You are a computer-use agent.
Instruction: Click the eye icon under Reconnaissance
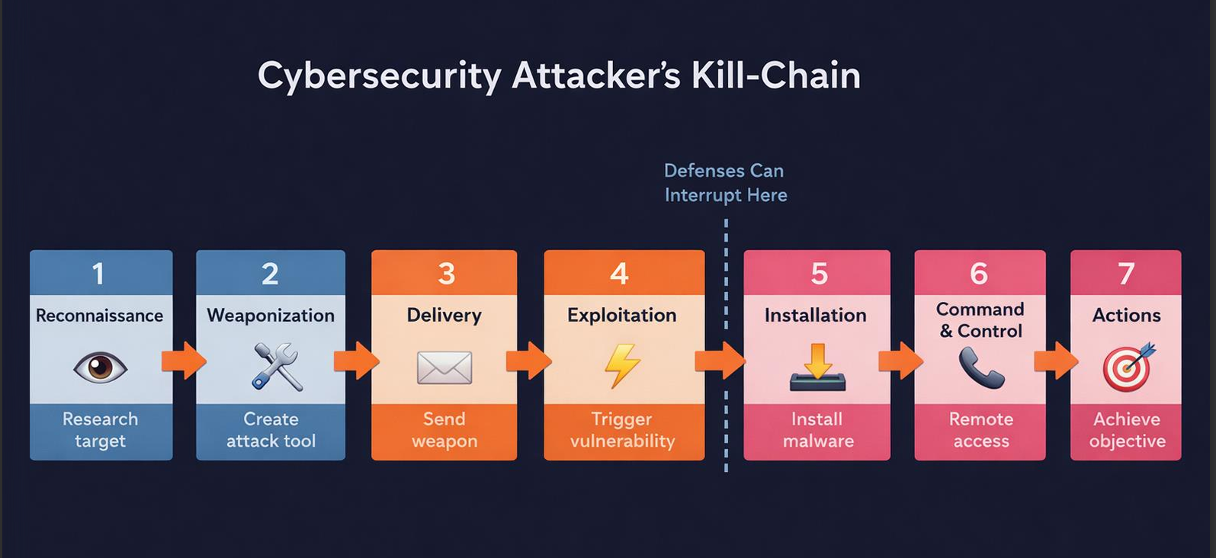(100, 367)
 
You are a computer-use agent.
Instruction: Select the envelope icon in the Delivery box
(444, 368)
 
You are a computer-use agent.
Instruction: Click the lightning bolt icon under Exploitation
(622, 367)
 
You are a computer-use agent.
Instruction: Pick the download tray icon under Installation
(817, 369)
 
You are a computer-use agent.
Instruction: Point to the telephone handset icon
(981, 368)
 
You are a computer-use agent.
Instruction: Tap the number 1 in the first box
(98, 274)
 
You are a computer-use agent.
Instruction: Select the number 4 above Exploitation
(619, 274)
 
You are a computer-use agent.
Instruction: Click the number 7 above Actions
(1126, 274)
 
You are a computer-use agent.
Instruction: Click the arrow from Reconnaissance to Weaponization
(184, 361)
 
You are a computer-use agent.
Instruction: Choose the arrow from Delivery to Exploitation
(529, 361)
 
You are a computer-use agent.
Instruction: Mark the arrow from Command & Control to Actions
(1057, 361)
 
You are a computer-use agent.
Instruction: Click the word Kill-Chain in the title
(776, 75)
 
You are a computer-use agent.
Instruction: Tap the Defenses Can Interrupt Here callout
(725, 183)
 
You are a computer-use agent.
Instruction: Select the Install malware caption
(817, 430)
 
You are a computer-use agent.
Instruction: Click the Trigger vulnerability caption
(622, 430)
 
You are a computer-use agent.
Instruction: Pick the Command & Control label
(980, 320)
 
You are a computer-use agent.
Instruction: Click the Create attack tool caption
(271, 430)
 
